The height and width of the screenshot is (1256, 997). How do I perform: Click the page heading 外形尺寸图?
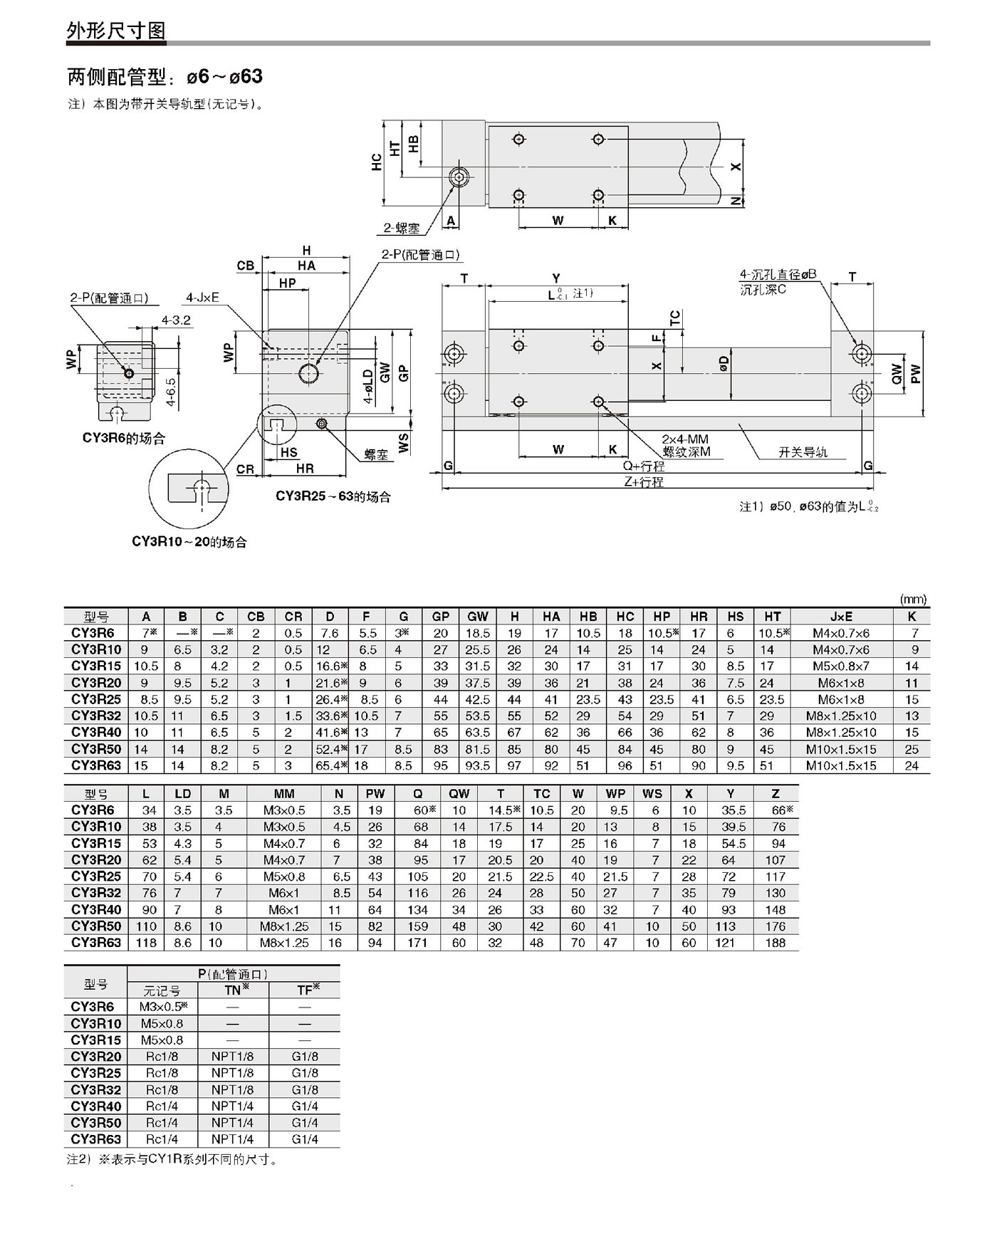pyautogui.click(x=116, y=31)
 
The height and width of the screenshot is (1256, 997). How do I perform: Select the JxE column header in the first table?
pyautogui.click(x=841, y=617)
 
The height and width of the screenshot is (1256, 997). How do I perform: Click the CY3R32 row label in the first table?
pyautogui.click(x=96, y=716)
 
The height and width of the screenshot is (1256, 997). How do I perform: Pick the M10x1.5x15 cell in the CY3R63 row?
pyautogui.click(x=841, y=765)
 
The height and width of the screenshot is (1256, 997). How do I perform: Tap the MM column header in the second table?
pyautogui.click(x=283, y=794)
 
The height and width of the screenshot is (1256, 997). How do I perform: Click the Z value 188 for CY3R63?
pyautogui.click(x=775, y=943)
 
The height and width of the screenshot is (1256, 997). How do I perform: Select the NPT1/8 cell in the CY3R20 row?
pyautogui.click(x=232, y=1057)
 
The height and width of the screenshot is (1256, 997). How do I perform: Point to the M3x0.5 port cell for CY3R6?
pyautogui.click(x=162, y=1007)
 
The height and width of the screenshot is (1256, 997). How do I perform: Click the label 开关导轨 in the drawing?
pyautogui.click(x=803, y=452)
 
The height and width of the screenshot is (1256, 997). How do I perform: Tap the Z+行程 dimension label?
pyautogui.click(x=643, y=482)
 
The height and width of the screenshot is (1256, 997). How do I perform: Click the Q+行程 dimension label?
pyautogui.click(x=643, y=466)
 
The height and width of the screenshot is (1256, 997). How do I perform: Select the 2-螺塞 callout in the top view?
pyautogui.click(x=402, y=228)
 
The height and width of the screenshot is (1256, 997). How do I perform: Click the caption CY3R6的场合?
pyautogui.click(x=124, y=439)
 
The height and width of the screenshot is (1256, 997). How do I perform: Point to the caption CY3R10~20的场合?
pyautogui.click(x=189, y=542)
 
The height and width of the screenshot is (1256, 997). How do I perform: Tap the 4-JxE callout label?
pyautogui.click(x=202, y=298)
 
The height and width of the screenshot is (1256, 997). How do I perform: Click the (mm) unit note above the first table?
pyautogui.click(x=914, y=600)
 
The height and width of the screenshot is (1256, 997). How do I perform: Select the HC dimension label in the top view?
pyautogui.click(x=377, y=162)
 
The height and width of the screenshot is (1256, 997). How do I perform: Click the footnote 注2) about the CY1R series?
pyautogui.click(x=172, y=1159)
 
